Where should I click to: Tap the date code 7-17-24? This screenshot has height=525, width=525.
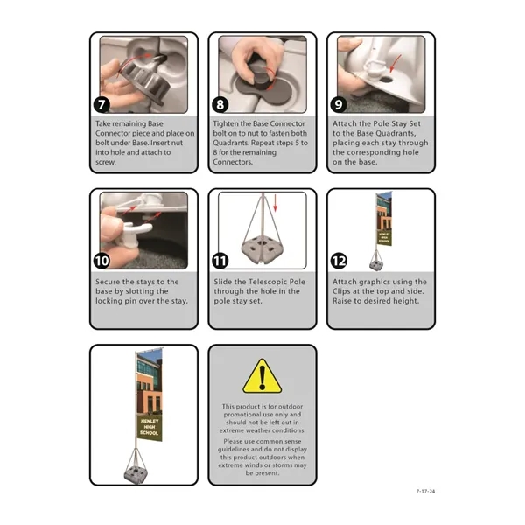pos(424,491)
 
